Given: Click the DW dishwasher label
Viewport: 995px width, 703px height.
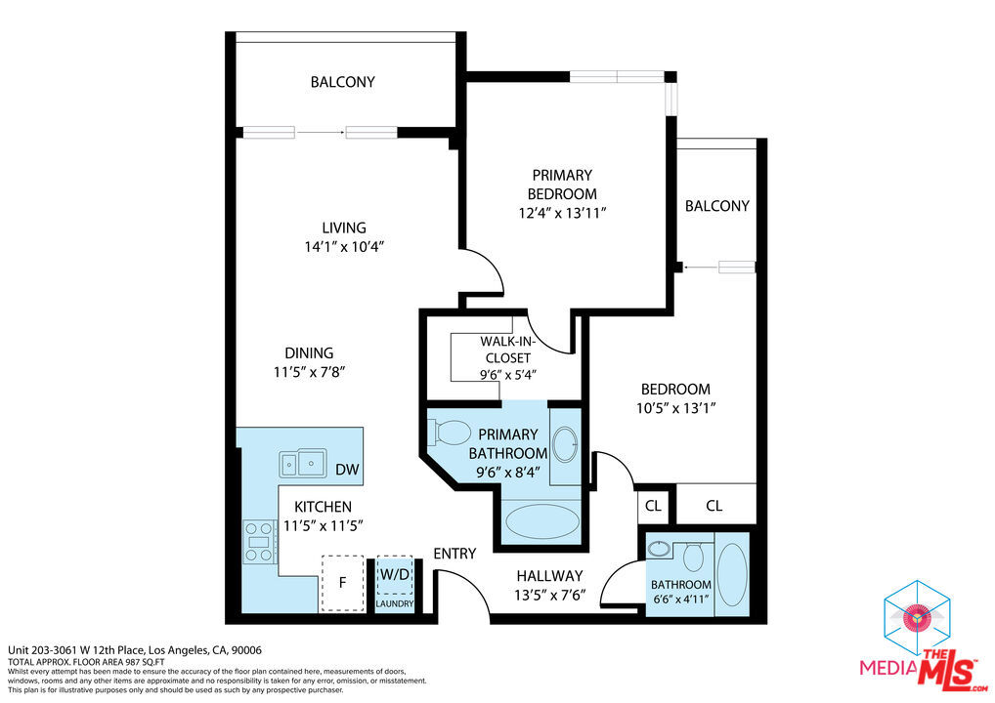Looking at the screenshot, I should (347, 470).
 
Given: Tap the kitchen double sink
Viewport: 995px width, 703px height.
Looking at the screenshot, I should (302, 463).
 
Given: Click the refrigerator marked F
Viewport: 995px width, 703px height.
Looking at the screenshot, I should (342, 583).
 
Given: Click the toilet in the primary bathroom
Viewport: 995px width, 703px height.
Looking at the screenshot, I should (449, 432).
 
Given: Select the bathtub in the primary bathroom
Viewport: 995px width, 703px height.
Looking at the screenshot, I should (542, 521).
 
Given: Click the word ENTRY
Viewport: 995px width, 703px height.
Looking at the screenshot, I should (454, 554).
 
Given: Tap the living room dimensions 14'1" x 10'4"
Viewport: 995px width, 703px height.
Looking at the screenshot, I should (344, 247).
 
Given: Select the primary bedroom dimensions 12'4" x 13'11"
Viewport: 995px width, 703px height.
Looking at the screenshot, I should (562, 212).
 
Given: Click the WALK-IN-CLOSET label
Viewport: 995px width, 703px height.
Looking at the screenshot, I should (507, 350).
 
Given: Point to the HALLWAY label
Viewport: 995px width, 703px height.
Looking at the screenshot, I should (549, 576).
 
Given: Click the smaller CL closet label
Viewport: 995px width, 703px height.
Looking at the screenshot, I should (653, 506).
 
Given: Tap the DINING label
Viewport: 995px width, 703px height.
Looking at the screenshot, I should (309, 352).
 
